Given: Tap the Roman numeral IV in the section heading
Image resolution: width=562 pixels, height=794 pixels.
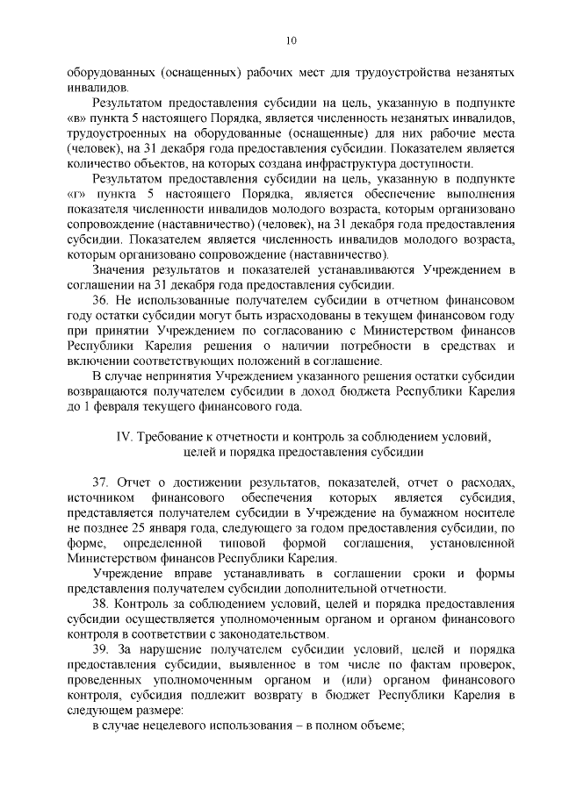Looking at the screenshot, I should point(124,436).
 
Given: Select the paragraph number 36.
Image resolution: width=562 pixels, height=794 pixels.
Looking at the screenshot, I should point(99,299).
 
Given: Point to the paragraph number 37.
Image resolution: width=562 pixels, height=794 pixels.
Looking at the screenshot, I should point(99,483).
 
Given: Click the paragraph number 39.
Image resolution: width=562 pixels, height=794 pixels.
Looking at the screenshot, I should point(99,648).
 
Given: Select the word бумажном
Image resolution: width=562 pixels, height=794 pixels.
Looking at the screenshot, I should point(434,512).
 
